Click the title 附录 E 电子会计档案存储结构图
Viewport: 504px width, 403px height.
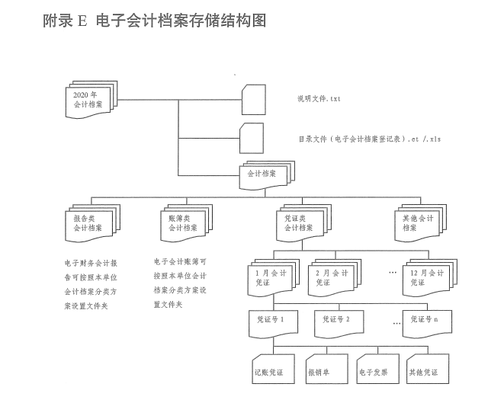click(x=155, y=21)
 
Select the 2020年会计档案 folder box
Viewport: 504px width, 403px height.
click(x=90, y=100)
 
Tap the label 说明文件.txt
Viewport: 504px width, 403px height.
click(x=319, y=99)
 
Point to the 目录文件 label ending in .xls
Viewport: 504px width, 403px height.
click(x=370, y=139)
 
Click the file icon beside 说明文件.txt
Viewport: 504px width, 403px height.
click(x=253, y=98)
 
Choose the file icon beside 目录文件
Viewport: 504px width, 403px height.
click(x=252, y=138)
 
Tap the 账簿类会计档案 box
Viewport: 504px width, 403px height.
click(x=185, y=222)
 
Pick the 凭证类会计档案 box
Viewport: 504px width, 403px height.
click(x=300, y=222)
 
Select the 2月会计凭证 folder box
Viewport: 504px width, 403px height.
click(x=334, y=277)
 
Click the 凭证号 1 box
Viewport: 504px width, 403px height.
click(x=271, y=321)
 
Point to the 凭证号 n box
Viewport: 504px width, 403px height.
click(x=425, y=321)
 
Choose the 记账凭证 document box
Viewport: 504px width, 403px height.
click(x=270, y=370)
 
